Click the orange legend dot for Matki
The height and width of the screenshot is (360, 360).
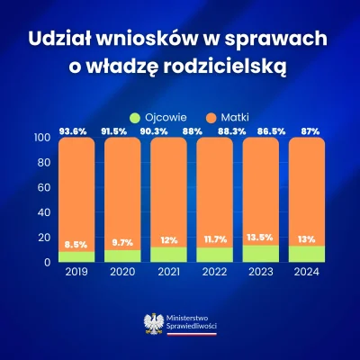[195, 116]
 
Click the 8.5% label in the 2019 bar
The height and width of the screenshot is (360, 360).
[76, 245]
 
